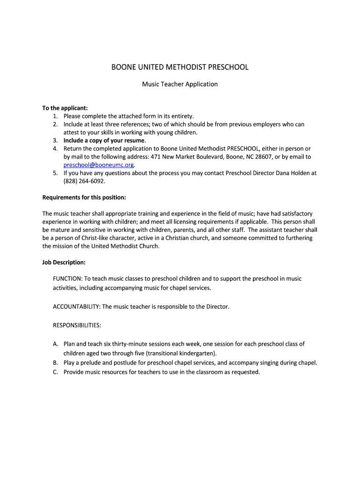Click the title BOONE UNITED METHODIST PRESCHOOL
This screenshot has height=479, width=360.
(x=180, y=67)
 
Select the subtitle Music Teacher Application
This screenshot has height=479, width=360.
(x=180, y=84)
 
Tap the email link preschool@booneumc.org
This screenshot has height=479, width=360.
(x=99, y=165)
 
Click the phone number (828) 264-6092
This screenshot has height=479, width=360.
(x=84, y=181)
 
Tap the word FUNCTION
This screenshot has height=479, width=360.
(x=67, y=279)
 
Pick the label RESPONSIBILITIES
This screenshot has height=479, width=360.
(x=77, y=325)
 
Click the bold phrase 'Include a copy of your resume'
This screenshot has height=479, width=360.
(x=104, y=140)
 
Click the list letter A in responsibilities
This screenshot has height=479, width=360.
(x=55, y=344)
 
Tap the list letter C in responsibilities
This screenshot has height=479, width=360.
(x=55, y=372)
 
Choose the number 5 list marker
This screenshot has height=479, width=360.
(x=55, y=173)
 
